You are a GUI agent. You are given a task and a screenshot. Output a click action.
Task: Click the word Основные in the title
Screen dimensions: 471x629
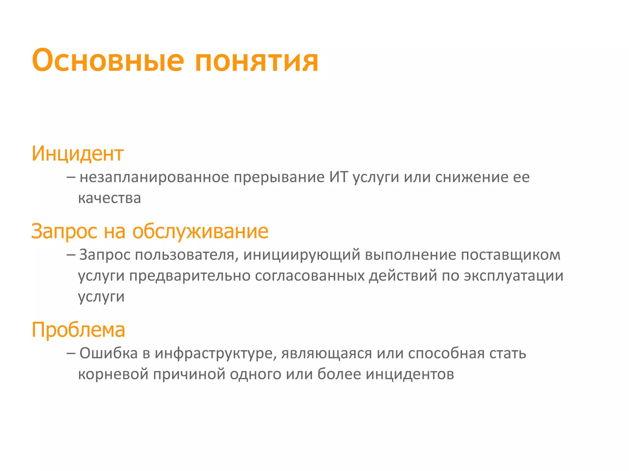point(108,60)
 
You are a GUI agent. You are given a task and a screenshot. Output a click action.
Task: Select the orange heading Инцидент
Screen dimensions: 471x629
point(77,153)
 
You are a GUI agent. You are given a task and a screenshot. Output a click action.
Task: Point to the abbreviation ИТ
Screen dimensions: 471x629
point(338,177)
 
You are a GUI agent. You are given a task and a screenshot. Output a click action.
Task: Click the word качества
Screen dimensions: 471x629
point(109,198)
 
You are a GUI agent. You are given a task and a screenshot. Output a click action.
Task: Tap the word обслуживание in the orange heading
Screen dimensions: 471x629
point(200,231)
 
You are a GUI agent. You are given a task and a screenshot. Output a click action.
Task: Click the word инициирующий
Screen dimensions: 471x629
point(302,255)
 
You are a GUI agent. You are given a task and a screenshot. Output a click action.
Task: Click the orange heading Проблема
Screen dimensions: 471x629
point(78,330)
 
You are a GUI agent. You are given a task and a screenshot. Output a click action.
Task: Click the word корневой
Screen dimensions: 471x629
point(113,374)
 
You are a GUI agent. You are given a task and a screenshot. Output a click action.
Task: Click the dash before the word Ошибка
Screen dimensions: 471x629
point(71,354)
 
